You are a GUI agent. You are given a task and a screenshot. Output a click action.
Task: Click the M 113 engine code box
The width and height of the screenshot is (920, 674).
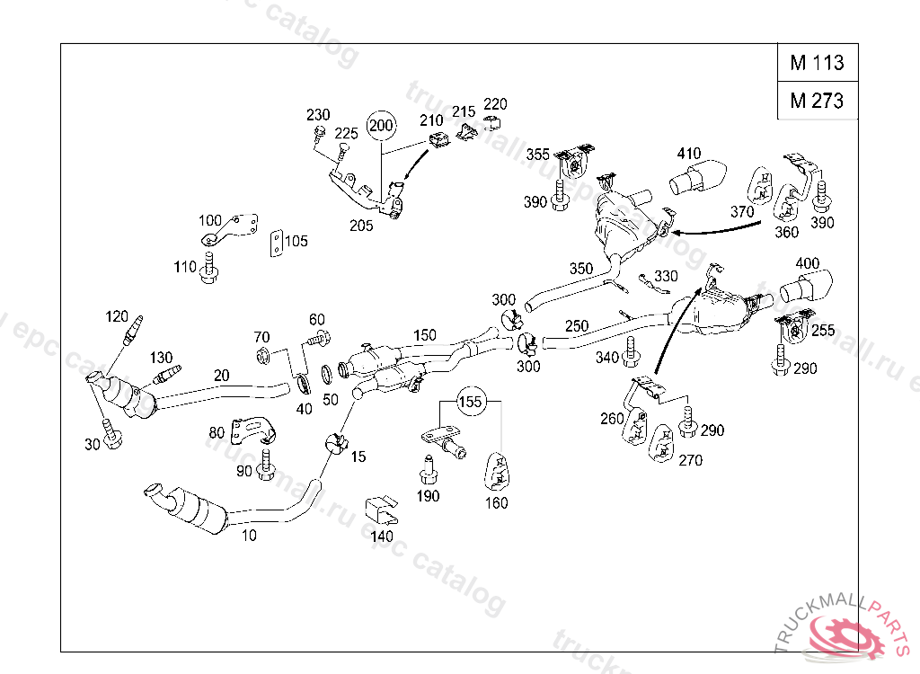click(x=817, y=63)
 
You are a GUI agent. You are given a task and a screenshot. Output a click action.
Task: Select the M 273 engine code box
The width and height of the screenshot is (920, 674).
click(x=817, y=101)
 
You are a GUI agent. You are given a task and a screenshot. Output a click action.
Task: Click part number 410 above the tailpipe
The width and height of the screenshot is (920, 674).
click(x=689, y=154)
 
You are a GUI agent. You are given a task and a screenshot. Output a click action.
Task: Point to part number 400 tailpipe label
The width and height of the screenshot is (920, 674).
click(x=808, y=263)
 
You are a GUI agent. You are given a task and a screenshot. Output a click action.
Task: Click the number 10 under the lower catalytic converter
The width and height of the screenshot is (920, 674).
click(x=249, y=536)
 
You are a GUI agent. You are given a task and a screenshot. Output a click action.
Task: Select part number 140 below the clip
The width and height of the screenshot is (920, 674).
click(x=382, y=537)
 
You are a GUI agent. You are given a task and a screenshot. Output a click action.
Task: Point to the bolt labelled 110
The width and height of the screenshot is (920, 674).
click(x=209, y=268)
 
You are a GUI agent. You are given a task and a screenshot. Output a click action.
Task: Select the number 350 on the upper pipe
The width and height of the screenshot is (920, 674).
click(x=580, y=268)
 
